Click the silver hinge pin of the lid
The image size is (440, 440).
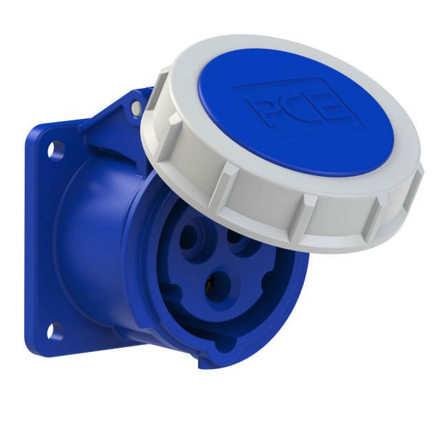(137, 108)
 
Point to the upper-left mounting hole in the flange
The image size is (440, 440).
(55, 151)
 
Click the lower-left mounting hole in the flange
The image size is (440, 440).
(55, 331)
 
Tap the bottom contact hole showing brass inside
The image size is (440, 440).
(219, 287)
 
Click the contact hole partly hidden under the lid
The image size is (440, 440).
(239, 239)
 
